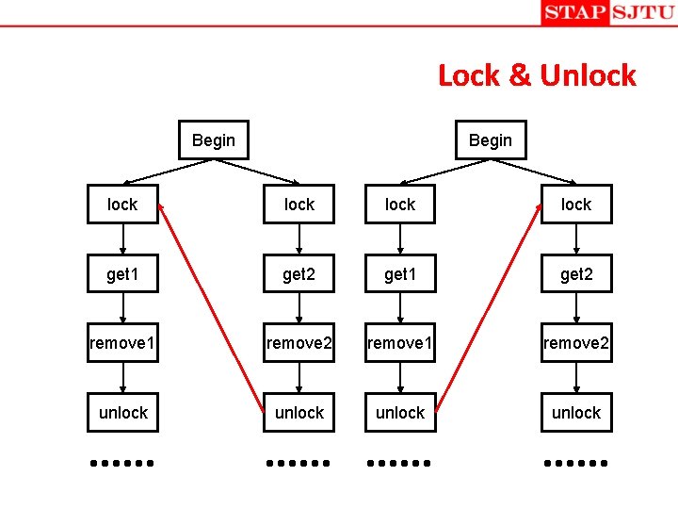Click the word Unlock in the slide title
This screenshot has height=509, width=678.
(588, 75)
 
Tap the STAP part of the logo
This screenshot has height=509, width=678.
(573, 12)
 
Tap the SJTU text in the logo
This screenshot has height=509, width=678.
(642, 12)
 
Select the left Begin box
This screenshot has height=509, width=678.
(214, 140)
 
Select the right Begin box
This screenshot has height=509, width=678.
(491, 140)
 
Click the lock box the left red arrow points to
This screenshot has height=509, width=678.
(122, 205)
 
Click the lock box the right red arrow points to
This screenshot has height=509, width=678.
(576, 205)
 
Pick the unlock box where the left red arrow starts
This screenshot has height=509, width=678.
(299, 413)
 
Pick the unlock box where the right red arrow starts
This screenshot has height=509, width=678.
(400, 413)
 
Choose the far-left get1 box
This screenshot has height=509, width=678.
(122, 274)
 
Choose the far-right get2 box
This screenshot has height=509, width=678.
(576, 274)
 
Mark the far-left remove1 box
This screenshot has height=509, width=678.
(122, 343)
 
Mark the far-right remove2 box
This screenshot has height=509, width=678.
(576, 343)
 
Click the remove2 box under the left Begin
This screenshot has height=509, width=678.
(299, 343)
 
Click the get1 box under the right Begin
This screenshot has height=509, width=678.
(400, 274)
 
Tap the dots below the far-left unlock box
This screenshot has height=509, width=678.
(121, 463)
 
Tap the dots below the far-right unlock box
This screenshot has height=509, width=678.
(576, 463)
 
